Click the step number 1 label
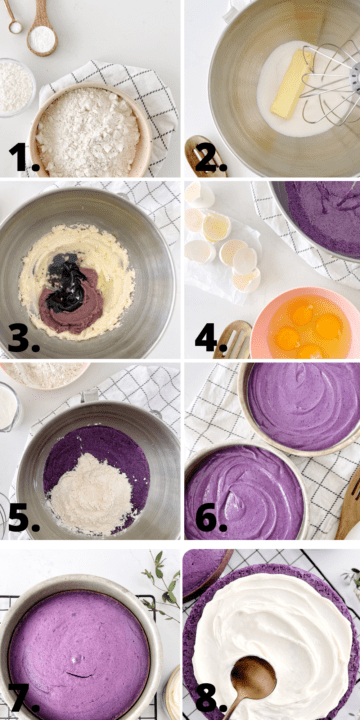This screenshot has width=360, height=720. pyautogui.click(x=23, y=157)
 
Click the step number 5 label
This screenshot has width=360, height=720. pyautogui.click(x=23, y=518)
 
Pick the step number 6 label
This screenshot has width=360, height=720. pyautogui.click(x=210, y=518)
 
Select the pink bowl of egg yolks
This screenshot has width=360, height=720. pyautogui.click(x=305, y=325)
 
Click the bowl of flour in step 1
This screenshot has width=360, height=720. pyautogui.click(x=90, y=130)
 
